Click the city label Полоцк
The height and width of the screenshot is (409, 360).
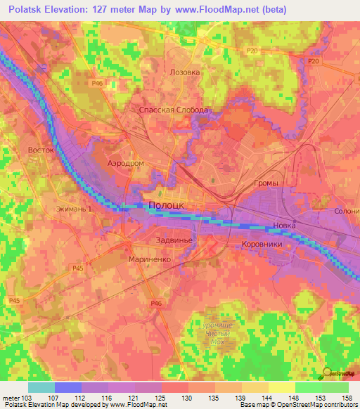click(x=167, y=204)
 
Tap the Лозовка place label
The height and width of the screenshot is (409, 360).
click(x=186, y=72)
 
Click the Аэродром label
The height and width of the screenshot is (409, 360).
click(x=125, y=162)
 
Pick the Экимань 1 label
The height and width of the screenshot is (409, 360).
click(x=75, y=209)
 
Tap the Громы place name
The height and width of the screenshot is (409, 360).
click(x=266, y=183)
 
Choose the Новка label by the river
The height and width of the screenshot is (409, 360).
click(x=285, y=225)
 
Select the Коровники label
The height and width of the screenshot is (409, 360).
click(x=262, y=244)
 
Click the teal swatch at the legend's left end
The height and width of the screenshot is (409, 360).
click(x=41, y=387)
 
